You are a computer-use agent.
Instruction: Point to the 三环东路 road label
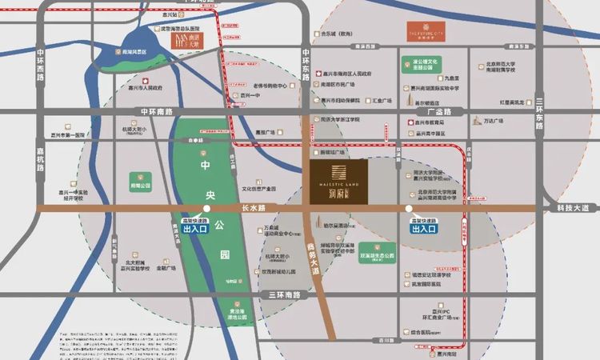[540, 112]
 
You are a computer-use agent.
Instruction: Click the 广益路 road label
[439, 112]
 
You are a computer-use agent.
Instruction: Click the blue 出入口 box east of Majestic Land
[424, 229]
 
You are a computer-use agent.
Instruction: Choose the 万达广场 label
[493, 121]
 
